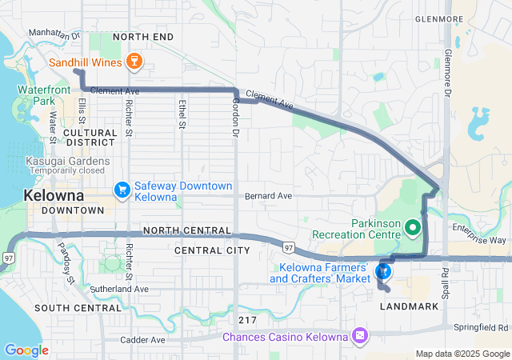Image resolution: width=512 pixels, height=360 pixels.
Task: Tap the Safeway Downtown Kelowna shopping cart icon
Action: (122, 190)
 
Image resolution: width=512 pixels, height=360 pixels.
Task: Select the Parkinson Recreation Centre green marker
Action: (413, 229)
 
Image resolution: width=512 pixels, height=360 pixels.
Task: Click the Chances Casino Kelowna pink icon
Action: (361, 334)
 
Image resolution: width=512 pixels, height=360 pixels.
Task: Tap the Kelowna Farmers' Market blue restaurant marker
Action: (384, 272)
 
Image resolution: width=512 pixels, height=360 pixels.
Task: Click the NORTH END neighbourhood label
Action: (143, 37)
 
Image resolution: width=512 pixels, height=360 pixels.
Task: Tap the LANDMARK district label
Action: (409, 306)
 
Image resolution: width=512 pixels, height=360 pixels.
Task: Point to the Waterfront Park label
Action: (38, 95)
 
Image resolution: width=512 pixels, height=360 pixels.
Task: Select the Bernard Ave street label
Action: (268, 196)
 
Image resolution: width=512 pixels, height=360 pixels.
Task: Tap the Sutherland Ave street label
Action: (118, 289)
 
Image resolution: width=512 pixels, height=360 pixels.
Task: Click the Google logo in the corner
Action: (26, 350)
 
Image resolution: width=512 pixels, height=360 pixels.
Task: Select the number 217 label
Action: (246, 319)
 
